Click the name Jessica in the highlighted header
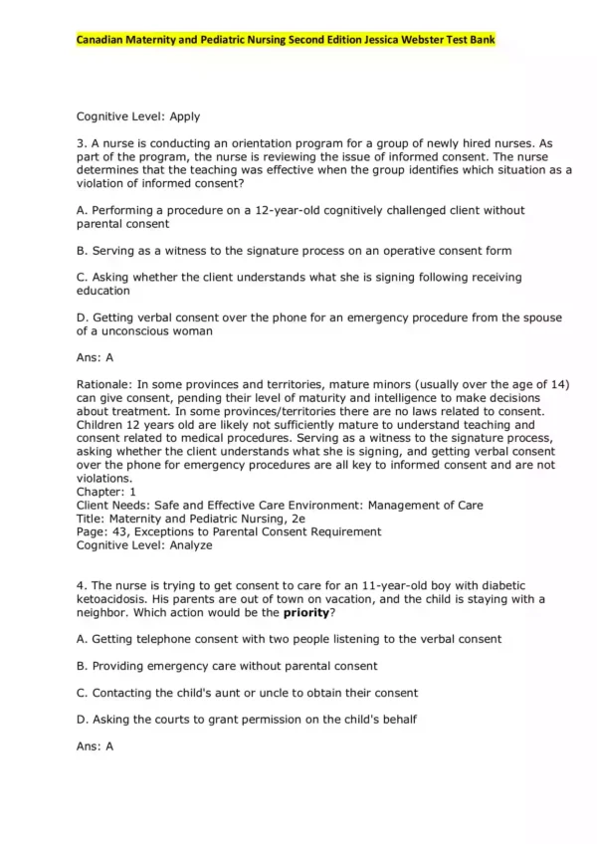click(384, 40)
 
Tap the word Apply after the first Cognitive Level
click(185, 116)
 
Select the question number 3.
click(80, 143)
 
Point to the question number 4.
click(80, 585)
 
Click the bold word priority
click(306, 612)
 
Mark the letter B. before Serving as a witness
click(83, 250)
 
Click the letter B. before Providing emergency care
click(83, 666)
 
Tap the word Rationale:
click(103, 384)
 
